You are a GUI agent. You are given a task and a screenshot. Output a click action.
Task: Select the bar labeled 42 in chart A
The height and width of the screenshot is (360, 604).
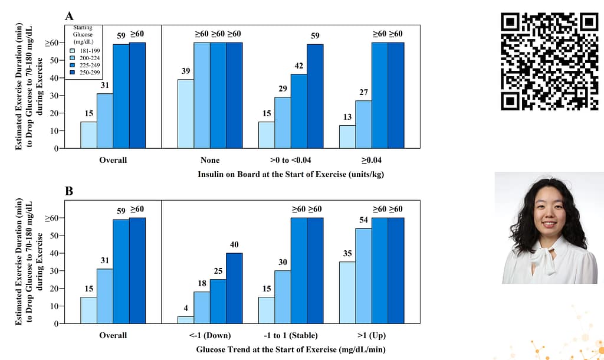[298, 111]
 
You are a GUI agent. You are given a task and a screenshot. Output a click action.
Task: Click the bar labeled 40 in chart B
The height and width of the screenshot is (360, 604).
[234, 289]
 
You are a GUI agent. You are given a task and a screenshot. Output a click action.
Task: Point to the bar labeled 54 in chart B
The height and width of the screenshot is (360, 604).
[363, 276]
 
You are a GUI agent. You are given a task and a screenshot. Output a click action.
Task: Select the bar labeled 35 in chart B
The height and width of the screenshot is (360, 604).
[347, 293]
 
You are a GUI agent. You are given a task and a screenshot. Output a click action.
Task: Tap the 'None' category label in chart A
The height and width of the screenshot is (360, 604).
[209, 160]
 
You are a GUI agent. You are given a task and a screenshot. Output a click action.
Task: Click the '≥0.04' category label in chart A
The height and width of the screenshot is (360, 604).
[371, 160]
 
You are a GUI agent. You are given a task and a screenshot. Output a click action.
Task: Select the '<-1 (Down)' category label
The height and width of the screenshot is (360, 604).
[209, 335]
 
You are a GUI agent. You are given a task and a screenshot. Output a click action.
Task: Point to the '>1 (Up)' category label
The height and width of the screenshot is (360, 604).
[371, 335]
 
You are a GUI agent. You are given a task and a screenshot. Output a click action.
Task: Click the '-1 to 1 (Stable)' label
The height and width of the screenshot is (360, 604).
[290, 335]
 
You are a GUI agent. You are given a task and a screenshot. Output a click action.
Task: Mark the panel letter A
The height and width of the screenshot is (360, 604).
[70, 16]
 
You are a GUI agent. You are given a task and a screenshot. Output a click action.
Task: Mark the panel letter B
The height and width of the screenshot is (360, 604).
[70, 191]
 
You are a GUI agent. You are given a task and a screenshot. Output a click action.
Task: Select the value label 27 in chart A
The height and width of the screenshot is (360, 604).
[363, 93]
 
